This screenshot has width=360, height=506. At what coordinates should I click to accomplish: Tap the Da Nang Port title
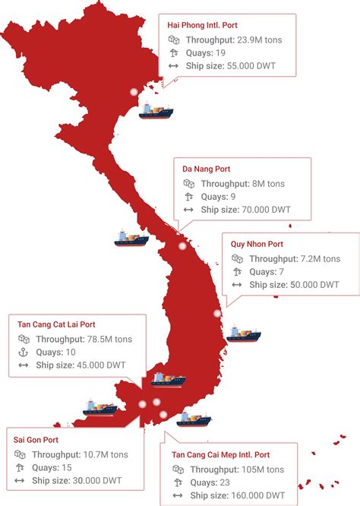click(207, 169)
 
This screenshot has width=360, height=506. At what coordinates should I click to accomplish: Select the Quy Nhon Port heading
click(257, 244)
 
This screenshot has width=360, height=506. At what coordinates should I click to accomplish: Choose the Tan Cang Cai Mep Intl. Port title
click(221, 454)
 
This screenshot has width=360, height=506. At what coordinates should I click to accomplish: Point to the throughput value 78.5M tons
click(114, 339)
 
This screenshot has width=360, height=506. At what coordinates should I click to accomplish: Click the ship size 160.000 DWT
click(257, 495)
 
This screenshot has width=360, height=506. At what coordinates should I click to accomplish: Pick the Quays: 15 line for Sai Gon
click(55, 467)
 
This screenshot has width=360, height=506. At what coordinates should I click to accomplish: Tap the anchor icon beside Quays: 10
click(23, 353)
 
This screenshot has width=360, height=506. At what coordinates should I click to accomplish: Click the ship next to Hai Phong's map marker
click(157, 112)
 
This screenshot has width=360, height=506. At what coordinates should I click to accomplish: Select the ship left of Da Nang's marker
click(131, 239)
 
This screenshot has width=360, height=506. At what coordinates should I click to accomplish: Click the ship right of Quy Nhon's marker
click(242, 333)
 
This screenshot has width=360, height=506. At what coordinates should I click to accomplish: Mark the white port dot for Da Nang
click(182, 245)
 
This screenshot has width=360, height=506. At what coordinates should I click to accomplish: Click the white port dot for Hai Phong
click(134, 91)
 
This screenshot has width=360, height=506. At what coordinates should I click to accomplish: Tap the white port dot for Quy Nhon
click(217, 312)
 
